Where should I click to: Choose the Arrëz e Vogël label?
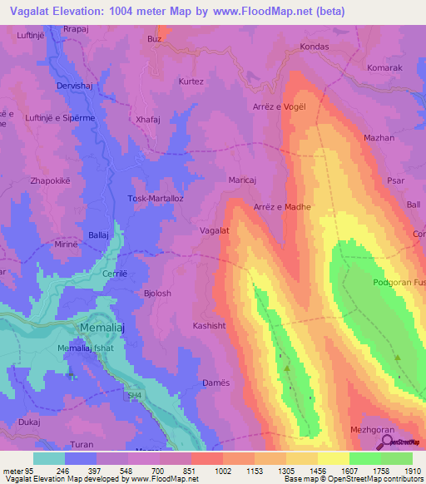(280, 106)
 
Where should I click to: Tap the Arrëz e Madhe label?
(282, 206)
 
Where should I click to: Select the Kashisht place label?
(209, 325)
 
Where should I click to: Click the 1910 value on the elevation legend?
(413, 470)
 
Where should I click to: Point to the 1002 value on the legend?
(223, 470)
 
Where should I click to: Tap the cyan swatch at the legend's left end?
(49, 458)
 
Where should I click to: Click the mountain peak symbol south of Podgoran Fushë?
(398, 358)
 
